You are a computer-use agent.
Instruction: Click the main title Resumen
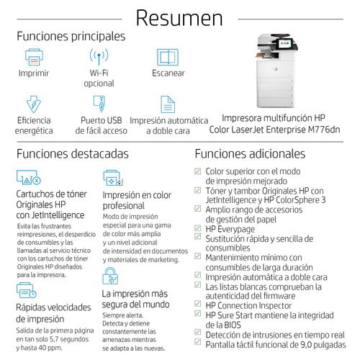[x=179, y=17]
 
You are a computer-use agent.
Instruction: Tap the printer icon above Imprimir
[x=35, y=57]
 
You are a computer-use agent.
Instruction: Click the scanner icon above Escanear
[x=168, y=57]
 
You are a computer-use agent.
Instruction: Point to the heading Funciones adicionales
[x=249, y=153]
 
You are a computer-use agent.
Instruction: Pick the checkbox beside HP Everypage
[x=199, y=228]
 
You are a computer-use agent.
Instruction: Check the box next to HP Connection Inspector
[x=199, y=305]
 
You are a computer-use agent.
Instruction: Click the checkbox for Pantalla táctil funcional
[x=199, y=345]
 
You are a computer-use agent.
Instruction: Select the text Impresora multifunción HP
[x=274, y=117]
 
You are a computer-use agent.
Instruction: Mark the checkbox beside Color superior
[x=199, y=171]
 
